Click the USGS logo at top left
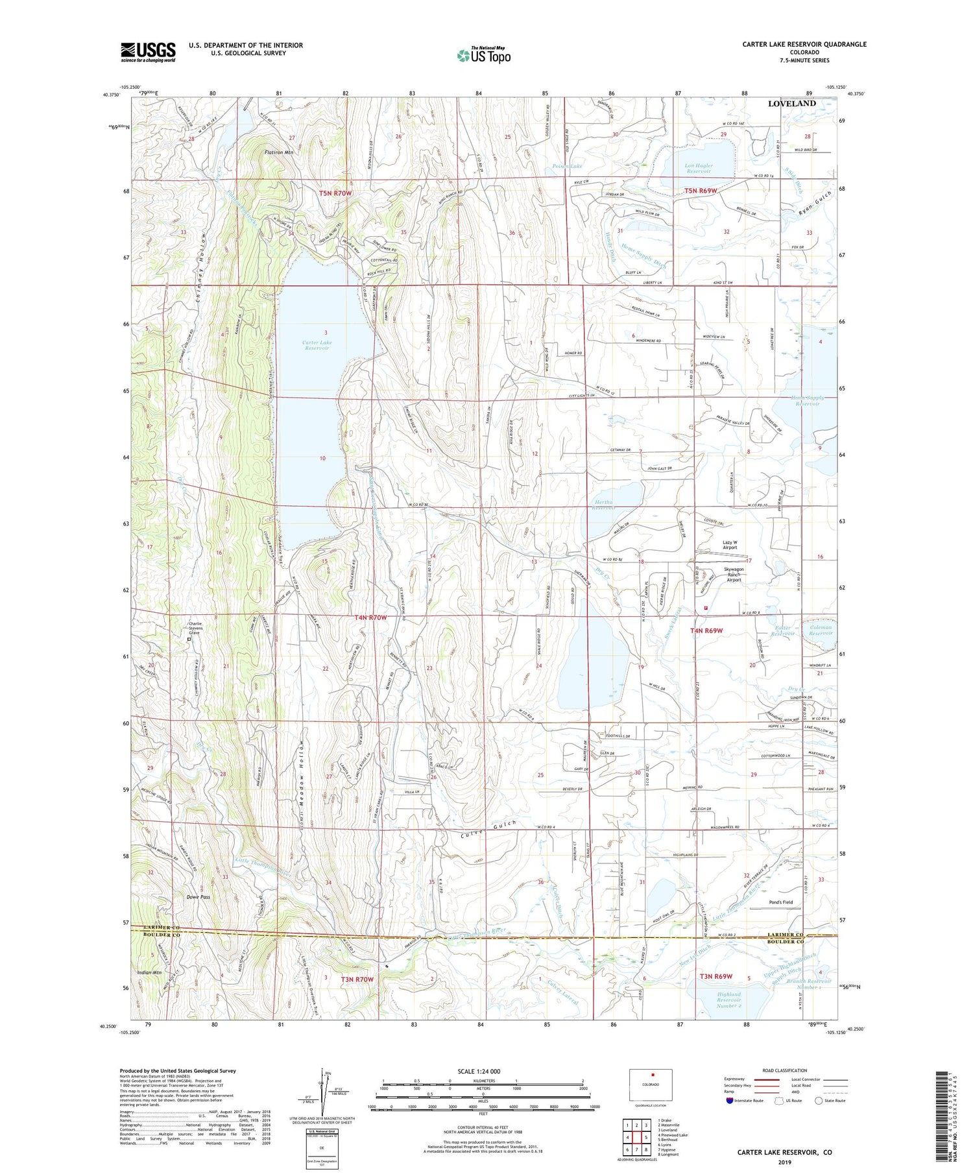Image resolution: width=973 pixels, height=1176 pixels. [148, 52]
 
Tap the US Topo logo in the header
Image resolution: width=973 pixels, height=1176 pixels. [483, 55]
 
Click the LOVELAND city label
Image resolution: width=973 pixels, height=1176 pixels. [791, 104]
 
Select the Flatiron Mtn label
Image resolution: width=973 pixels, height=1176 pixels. [279, 152]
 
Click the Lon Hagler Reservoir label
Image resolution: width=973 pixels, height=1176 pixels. [699, 169]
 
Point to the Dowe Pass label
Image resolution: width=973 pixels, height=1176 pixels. [198, 897]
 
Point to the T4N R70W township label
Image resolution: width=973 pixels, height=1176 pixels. [370, 618]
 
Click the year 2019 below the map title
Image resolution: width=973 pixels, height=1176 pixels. [784, 1162]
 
